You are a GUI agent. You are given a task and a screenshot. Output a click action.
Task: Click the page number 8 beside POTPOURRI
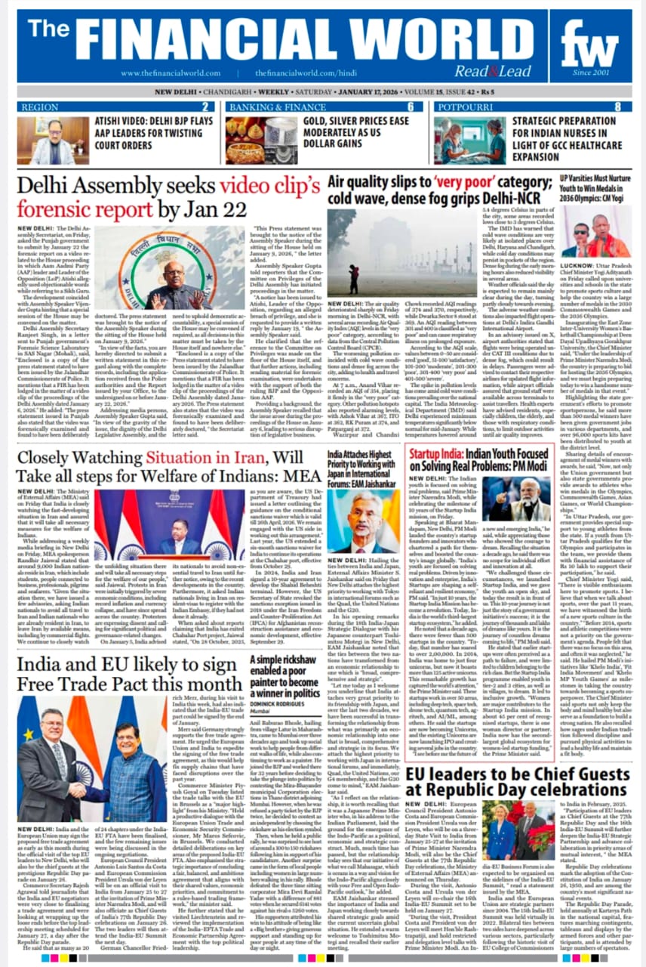[617, 107]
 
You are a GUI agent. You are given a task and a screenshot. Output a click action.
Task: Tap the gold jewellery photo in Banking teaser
[246, 139]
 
